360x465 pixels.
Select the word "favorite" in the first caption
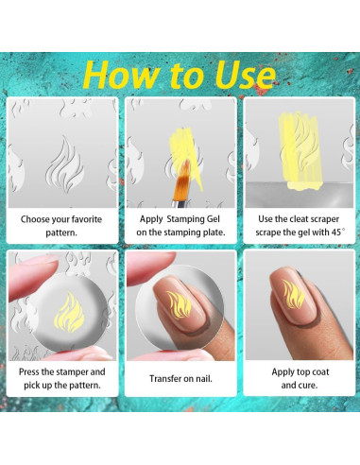tap(87, 219)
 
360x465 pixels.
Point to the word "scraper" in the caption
tap(324, 219)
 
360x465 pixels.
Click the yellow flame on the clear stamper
tap(69, 312)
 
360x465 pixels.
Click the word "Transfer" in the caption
tap(163, 378)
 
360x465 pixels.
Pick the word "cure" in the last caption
tap(307, 386)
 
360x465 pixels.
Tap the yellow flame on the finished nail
tap(293, 295)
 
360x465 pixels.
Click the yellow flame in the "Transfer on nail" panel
tap(180, 304)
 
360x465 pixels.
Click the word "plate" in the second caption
tap(214, 232)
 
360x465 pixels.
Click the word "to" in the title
tap(188, 76)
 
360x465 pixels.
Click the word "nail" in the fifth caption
tap(204, 378)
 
